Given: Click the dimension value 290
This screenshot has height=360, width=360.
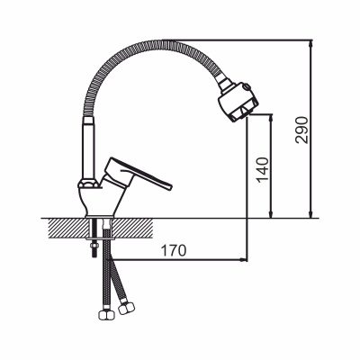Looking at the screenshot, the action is click(301, 130).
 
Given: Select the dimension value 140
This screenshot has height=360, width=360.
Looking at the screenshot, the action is click(262, 169).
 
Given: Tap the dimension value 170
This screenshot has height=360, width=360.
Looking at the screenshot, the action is click(174, 251).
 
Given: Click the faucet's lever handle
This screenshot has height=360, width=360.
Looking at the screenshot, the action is click(137, 175).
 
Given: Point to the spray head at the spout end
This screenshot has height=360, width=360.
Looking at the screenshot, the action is click(238, 102).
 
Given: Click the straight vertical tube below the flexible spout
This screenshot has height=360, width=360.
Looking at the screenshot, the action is click(89, 148).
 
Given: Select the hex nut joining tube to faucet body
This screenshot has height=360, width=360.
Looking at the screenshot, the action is click(88, 184).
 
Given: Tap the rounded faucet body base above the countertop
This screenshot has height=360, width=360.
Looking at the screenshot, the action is click(101, 201).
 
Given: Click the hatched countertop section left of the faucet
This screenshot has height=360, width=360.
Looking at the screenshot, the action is click(68, 228).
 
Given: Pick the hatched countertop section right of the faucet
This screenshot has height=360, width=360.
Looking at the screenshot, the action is click(132, 228).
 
